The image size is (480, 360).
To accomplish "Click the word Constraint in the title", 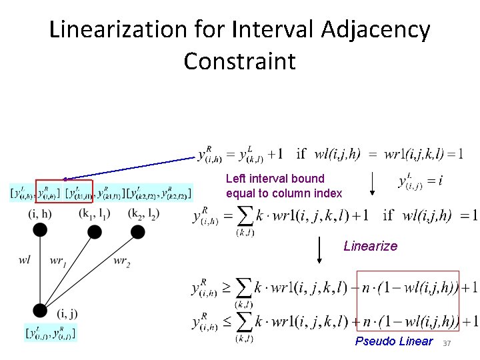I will (239, 61).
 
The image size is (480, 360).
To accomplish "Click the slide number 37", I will (447, 343).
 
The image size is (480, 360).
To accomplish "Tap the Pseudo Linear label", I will (393, 342).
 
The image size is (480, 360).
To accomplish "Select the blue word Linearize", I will (370, 246).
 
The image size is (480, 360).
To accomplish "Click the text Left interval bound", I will (275, 179).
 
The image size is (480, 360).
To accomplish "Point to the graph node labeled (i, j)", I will (40, 310).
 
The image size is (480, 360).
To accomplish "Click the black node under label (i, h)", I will (40, 229).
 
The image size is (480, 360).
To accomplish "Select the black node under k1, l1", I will (95, 231).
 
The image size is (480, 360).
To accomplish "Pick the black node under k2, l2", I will (138, 231).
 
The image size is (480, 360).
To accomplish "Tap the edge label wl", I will (25, 260).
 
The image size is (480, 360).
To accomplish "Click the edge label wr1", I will (58, 261).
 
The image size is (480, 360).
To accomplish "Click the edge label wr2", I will (121, 263).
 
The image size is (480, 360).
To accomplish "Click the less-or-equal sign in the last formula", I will (226, 323).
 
